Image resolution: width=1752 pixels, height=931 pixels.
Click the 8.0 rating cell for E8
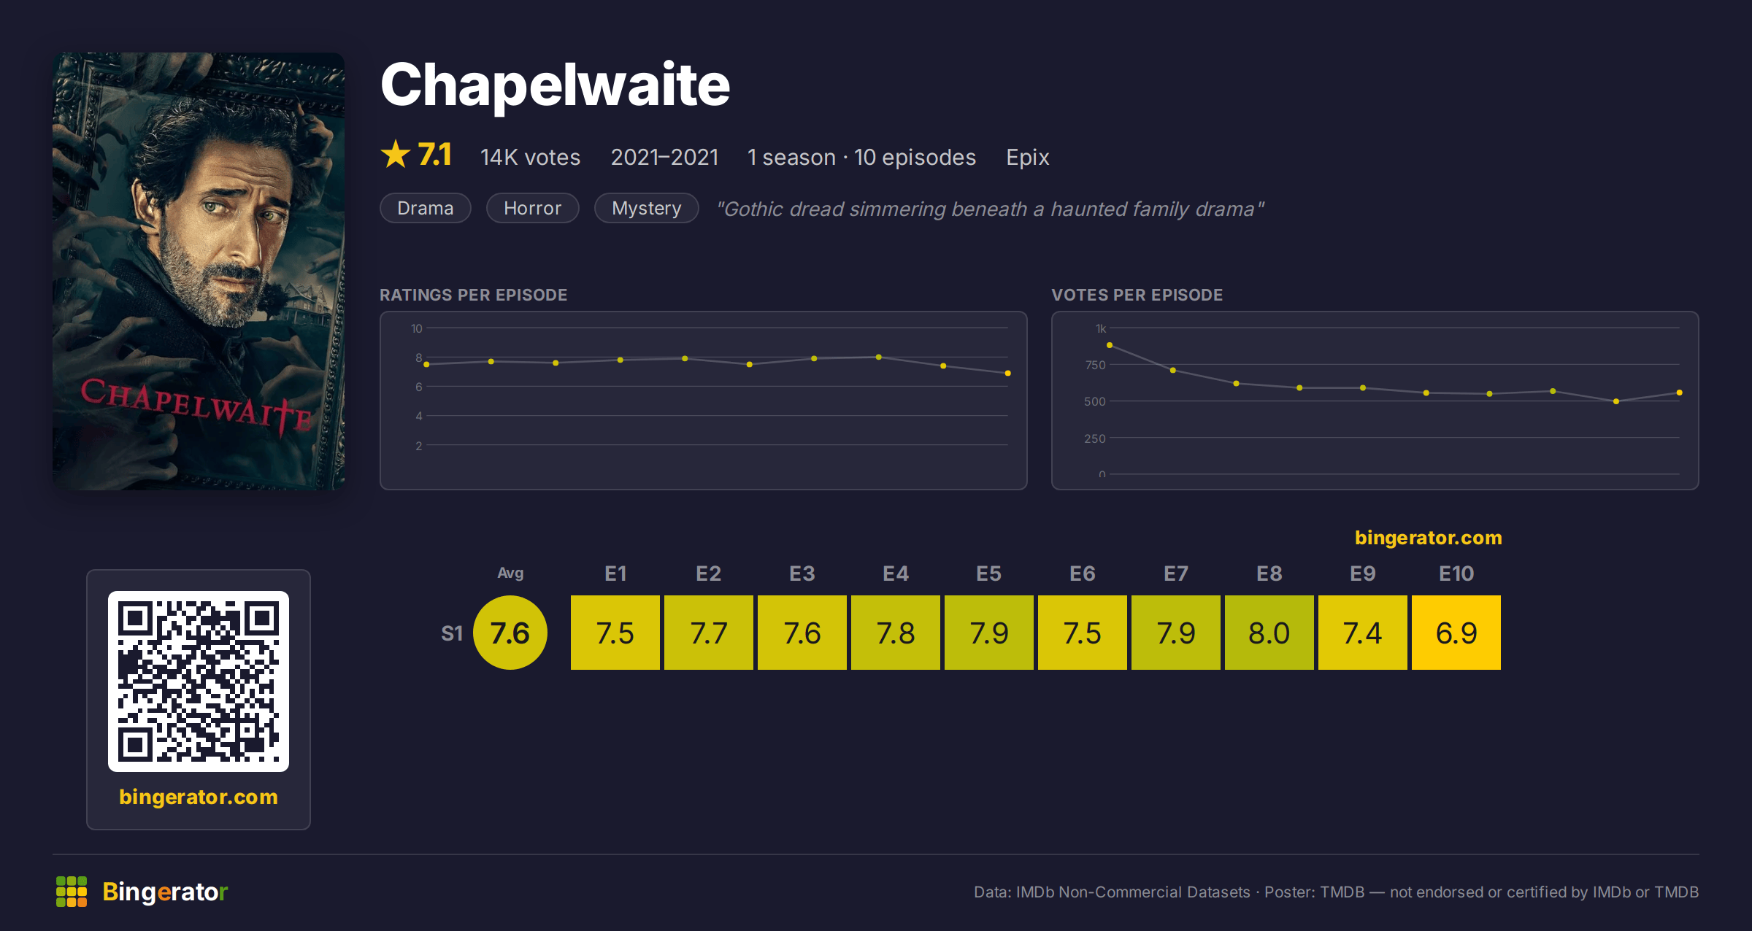pos(1269,633)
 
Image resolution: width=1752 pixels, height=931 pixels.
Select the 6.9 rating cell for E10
pos(1456,633)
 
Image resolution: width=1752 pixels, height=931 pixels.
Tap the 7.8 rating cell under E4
pos(895,633)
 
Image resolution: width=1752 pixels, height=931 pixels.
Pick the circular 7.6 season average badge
pos(510,633)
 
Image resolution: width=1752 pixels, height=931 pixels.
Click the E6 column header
pos(1082,573)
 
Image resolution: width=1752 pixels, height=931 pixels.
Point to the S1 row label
pos(452,633)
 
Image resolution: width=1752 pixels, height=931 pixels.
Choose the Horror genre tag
pos(532,208)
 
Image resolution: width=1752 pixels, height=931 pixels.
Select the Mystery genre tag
pos(646,208)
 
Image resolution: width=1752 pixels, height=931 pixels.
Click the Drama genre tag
pos(425,208)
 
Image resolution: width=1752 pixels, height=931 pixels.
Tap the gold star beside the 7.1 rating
pos(396,155)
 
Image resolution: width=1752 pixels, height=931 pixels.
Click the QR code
pos(199,681)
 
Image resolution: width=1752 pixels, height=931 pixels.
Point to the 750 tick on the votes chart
pos(1095,365)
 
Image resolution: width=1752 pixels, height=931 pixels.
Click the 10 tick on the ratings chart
pos(416,328)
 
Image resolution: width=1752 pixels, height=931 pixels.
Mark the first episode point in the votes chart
pos(1110,345)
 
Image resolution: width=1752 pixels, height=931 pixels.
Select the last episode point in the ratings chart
pos(1007,374)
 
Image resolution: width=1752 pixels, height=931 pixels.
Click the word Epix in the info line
pos(1027,158)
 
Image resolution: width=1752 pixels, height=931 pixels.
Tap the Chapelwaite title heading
pos(555,85)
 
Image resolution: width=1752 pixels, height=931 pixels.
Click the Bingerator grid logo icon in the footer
pos(72,892)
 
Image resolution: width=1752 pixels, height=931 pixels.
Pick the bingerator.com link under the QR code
pos(199,797)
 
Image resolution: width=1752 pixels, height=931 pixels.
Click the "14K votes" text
pos(530,158)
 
